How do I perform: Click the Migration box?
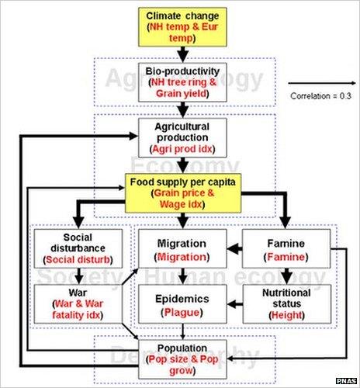click(x=182, y=249)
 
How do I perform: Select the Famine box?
click(x=286, y=249)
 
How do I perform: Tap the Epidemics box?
click(x=182, y=304)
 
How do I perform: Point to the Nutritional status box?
click(x=286, y=304)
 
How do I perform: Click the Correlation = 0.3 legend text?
click(x=318, y=97)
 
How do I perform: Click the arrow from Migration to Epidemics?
click(x=182, y=276)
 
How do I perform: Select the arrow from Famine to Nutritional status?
click(x=286, y=276)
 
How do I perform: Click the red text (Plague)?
click(x=182, y=312)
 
